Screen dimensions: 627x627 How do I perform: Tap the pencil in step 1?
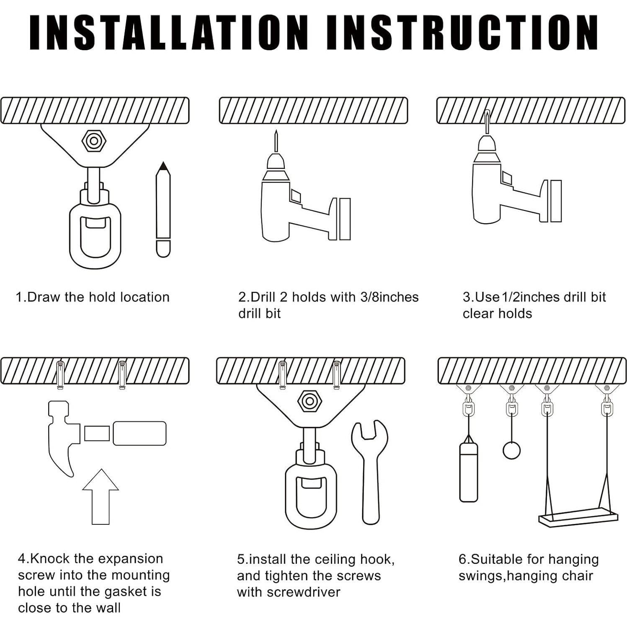pos(163,209)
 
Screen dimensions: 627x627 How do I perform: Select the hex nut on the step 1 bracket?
pos(94,141)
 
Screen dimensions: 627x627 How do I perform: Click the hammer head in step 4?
pos(63,436)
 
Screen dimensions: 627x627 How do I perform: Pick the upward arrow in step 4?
pos(101,496)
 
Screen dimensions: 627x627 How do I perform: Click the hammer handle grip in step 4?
pos(139,433)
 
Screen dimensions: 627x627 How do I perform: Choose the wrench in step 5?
pos(370,471)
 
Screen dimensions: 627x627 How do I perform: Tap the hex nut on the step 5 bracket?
pos(310,401)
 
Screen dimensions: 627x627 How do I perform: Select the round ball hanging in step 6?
pos(511,450)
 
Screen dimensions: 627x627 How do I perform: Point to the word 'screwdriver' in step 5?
pos(289,592)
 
